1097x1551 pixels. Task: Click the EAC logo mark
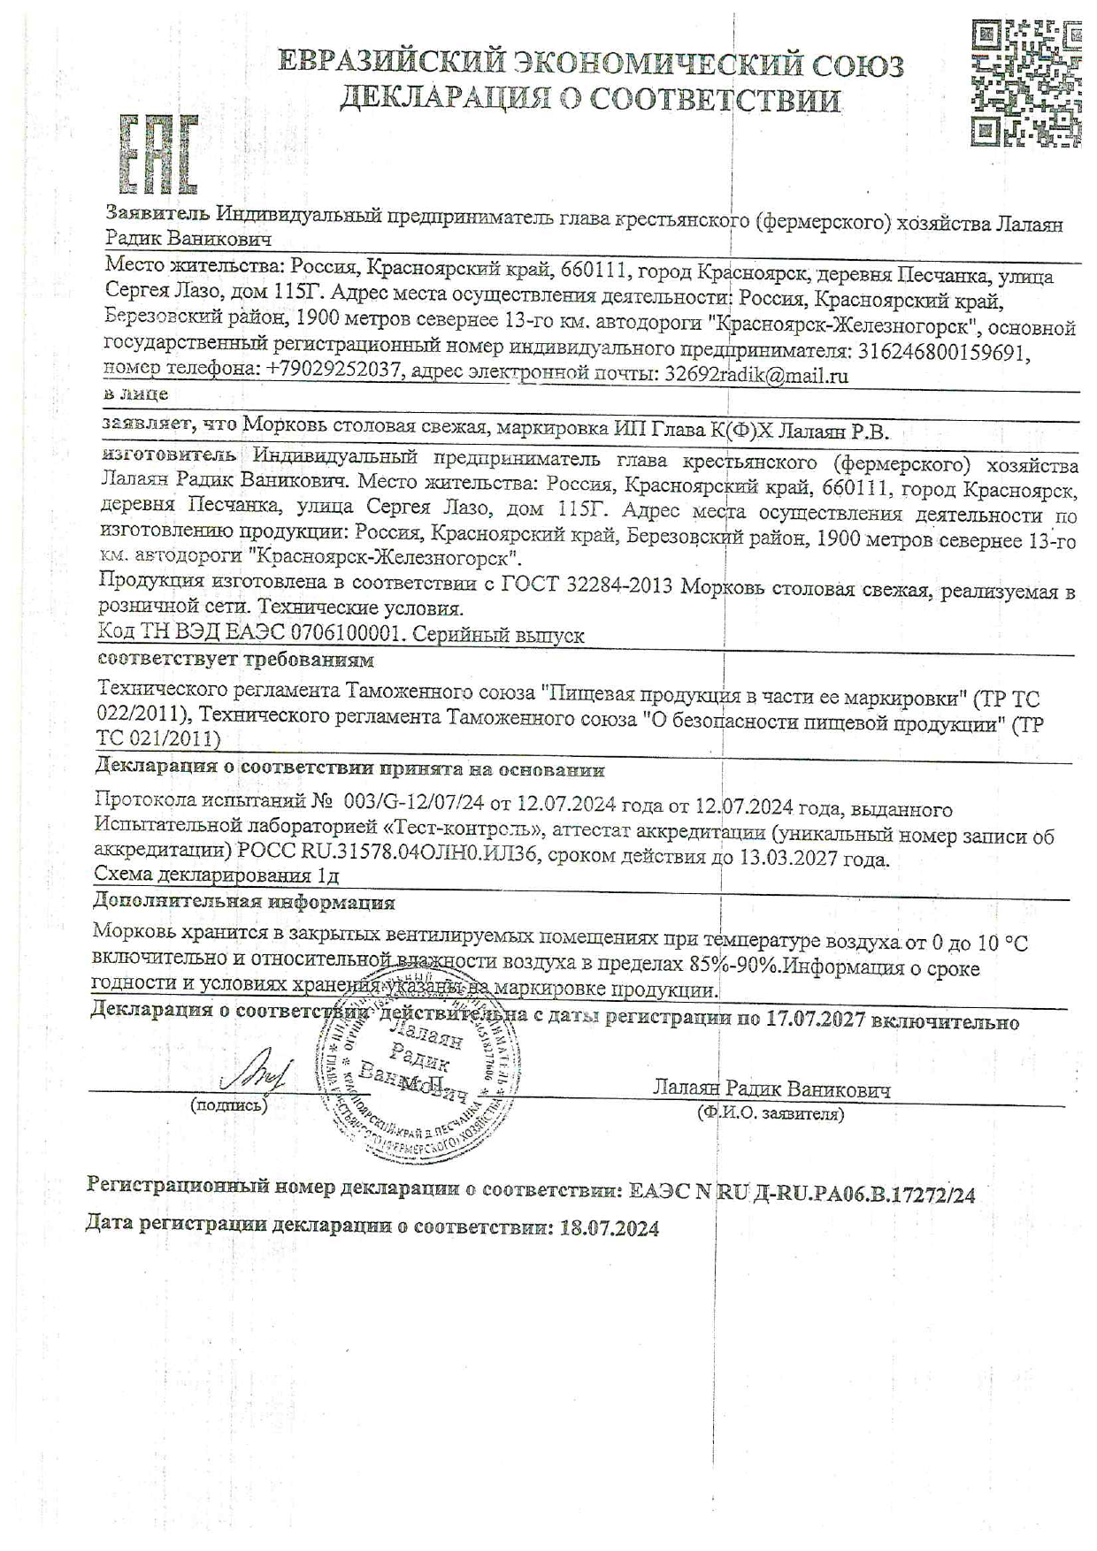click(158, 155)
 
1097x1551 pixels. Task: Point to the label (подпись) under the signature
click(228, 1105)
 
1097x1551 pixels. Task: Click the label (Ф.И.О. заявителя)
click(770, 1114)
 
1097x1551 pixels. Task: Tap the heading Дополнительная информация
click(244, 903)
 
